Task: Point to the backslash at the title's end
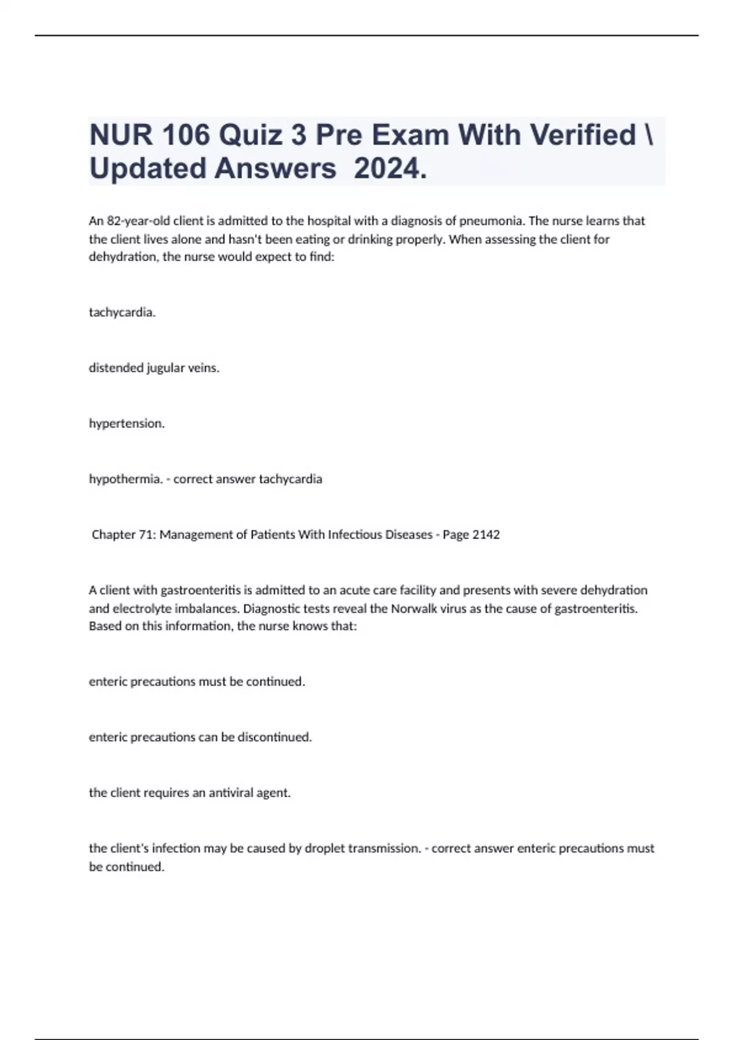pos(649,135)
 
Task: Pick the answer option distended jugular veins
pos(154,368)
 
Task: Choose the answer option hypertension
pos(127,423)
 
